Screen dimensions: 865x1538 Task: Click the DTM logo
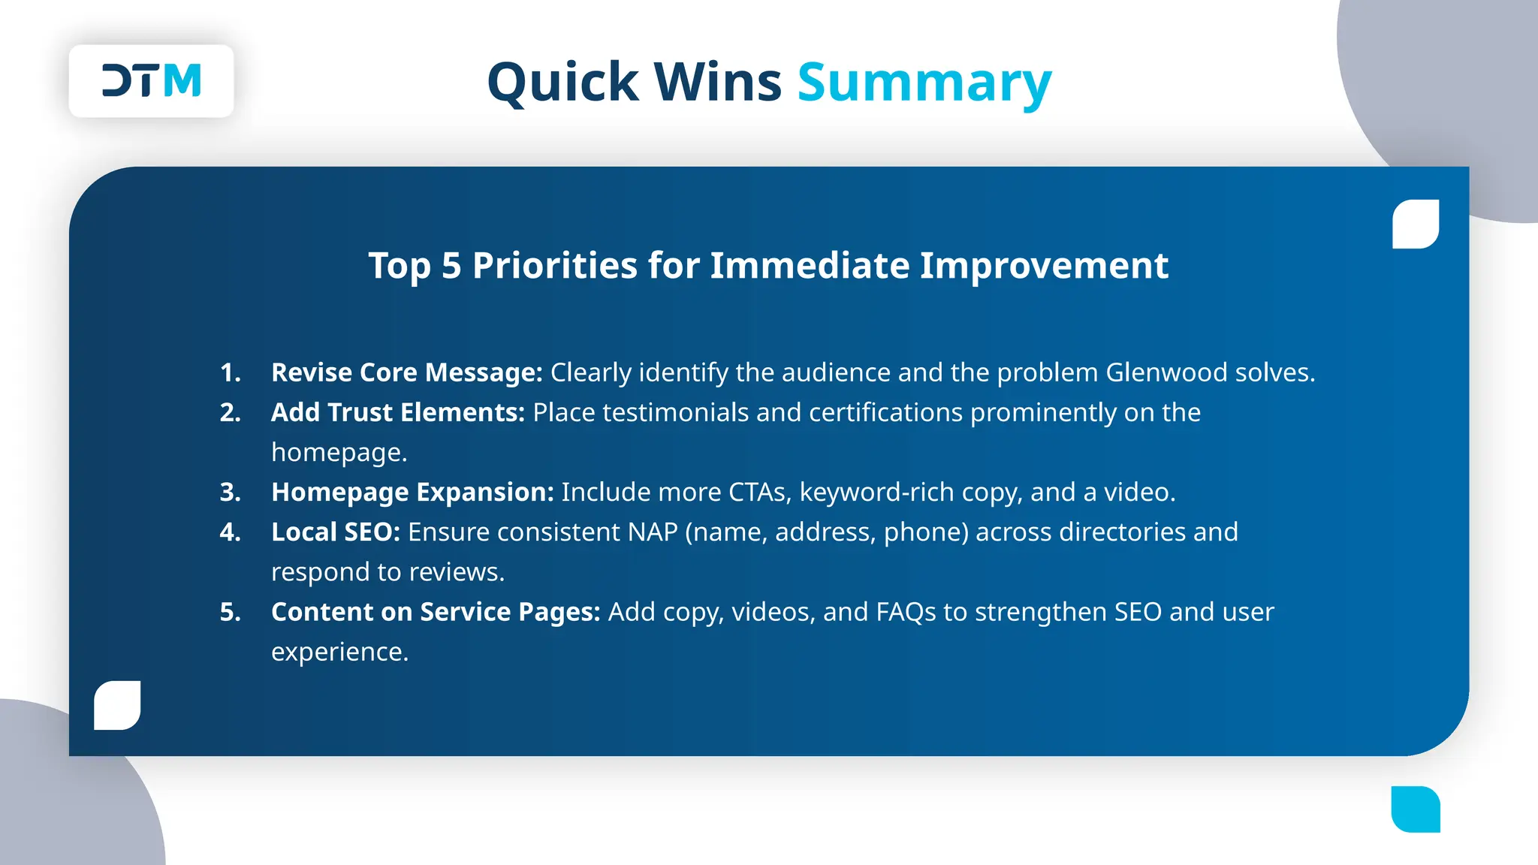[152, 81]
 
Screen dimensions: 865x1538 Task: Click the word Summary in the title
[924, 83]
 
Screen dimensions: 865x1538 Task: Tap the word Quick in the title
[562, 83]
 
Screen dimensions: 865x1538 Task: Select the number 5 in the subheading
[451, 266]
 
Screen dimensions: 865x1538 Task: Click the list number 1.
[230, 372]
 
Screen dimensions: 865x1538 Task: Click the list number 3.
[230, 492]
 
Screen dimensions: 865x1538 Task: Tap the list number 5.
[230, 612]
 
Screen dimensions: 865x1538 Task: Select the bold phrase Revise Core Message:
[406, 372]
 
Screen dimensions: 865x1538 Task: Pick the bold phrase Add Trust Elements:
[397, 412]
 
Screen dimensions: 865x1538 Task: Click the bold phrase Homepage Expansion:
[412, 492]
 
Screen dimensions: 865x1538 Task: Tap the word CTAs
[758, 492]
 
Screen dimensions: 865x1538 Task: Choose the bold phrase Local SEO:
[335, 532]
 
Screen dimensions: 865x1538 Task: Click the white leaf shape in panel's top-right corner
[1416, 224]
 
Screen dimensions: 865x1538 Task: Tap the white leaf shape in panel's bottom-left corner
[117, 705]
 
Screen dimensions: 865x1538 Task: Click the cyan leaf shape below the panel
[1416, 809]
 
